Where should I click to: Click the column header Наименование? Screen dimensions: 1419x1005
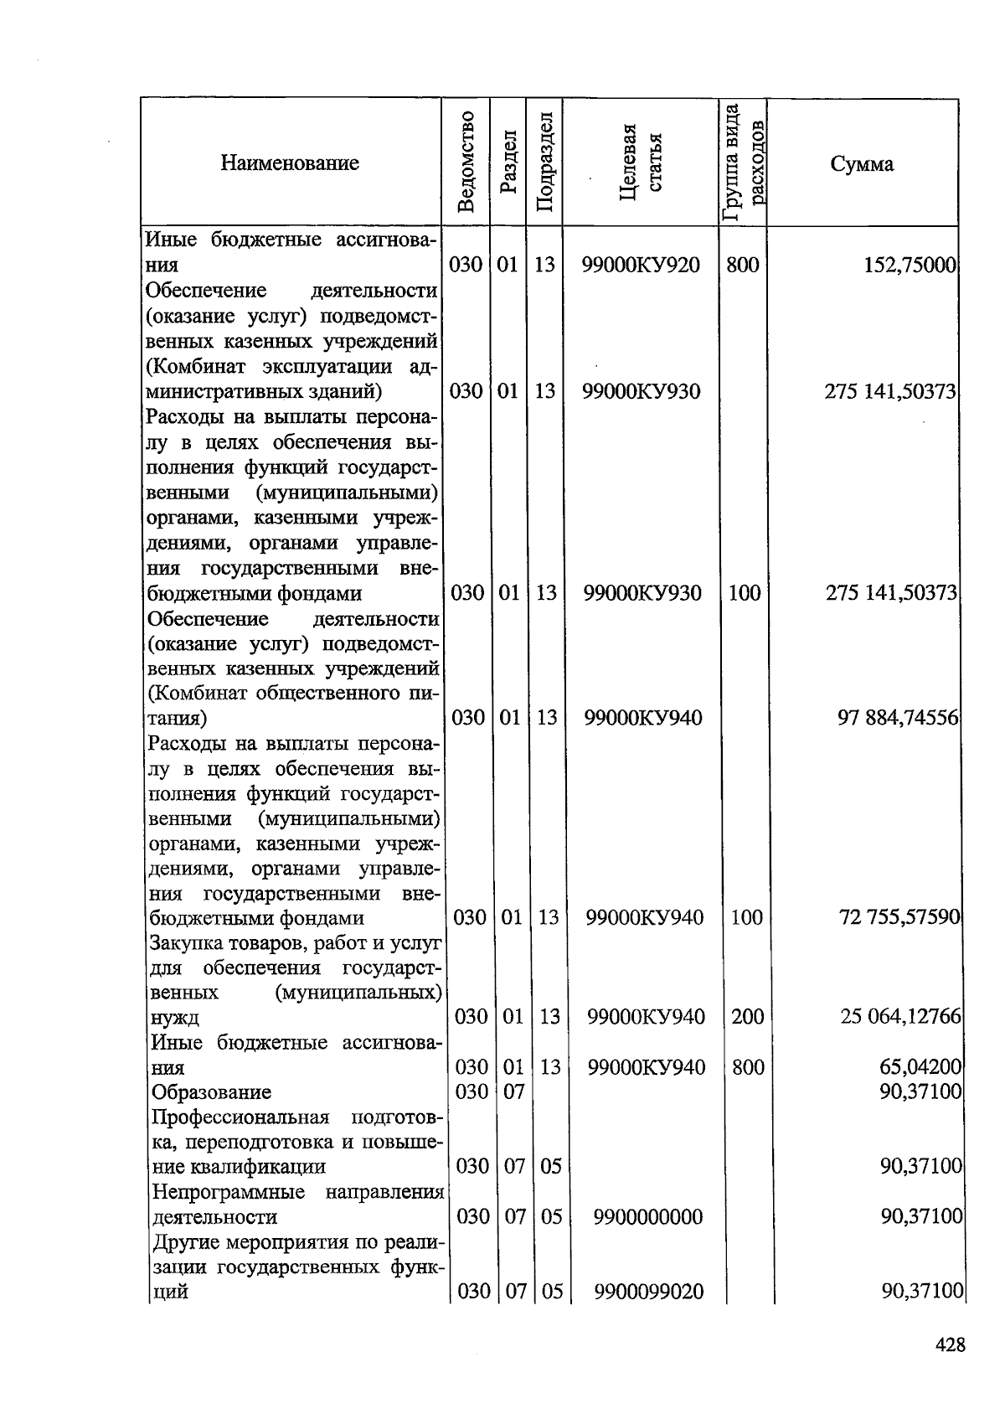pyautogui.click(x=290, y=163)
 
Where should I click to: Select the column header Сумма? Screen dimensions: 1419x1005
pyautogui.click(x=862, y=163)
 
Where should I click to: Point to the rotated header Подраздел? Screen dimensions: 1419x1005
pyautogui.click(x=544, y=163)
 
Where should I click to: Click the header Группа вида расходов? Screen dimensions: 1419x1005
pyautogui.click(x=743, y=163)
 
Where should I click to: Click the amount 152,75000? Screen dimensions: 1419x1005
pyautogui.click(x=910, y=266)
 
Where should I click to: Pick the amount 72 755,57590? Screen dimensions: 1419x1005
pyautogui.click(x=899, y=917)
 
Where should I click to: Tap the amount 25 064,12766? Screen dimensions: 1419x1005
pyautogui.click(x=900, y=1017)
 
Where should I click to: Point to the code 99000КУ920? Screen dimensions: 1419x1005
pyautogui.click(x=641, y=266)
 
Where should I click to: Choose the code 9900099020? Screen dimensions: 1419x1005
pyautogui.click(x=648, y=1292)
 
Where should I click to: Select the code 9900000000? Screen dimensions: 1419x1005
pyautogui.click(x=647, y=1216)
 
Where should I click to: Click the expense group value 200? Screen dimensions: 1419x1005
pyautogui.click(x=747, y=1017)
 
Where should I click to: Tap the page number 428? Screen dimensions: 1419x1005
pyautogui.click(x=950, y=1345)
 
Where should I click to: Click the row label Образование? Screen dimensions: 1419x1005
pyautogui.click(x=211, y=1092)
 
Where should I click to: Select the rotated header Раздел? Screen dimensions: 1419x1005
pyautogui.click(x=508, y=163)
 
